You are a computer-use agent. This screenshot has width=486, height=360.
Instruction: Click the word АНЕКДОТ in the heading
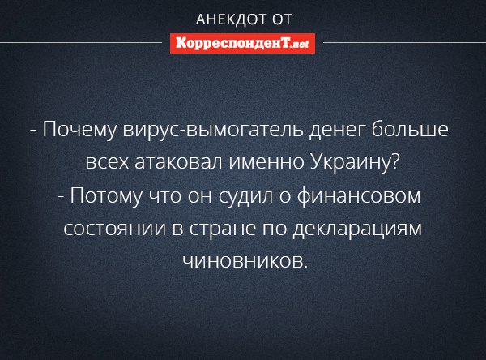232,19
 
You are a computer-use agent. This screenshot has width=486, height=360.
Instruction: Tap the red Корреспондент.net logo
242,44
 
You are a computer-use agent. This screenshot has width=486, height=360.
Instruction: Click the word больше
410,129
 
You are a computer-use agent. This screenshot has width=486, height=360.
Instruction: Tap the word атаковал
179,162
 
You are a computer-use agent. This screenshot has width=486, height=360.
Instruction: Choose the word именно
266,163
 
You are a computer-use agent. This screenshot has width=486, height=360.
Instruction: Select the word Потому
107,196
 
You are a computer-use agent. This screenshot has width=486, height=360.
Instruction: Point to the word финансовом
359,195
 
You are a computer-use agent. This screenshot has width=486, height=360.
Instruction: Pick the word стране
223,229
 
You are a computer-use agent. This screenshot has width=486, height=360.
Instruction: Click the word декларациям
357,229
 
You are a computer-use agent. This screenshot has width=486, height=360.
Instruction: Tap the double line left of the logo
81,44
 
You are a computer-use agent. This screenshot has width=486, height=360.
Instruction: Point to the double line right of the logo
404,44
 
